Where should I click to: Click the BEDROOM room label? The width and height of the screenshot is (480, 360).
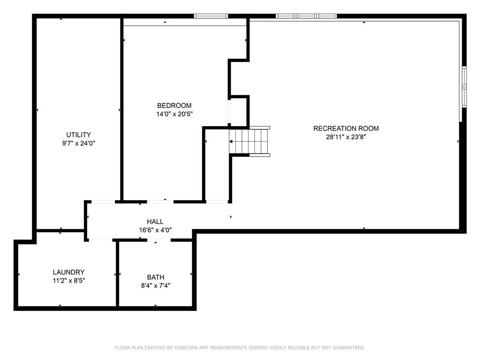(174, 105)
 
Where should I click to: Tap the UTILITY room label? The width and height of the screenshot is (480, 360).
(79, 135)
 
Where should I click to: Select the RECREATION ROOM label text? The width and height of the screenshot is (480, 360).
(346, 128)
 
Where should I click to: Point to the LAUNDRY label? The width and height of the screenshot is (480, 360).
(68, 272)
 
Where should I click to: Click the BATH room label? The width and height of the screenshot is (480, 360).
(156, 277)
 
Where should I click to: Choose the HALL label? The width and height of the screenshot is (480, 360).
(155, 222)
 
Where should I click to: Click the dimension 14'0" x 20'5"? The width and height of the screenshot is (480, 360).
(174, 114)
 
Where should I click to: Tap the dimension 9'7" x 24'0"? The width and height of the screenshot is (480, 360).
(79, 143)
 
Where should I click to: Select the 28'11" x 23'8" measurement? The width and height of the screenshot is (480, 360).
(346, 137)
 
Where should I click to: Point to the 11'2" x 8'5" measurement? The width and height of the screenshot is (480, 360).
(68, 280)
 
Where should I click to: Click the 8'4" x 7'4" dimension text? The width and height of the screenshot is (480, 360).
(156, 285)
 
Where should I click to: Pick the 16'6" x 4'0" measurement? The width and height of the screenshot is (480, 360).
(155, 230)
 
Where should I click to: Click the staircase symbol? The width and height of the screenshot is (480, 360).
(249, 142)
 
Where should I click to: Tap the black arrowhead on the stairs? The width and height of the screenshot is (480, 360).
(231, 142)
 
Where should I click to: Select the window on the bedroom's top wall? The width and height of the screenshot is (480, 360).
(211, 16)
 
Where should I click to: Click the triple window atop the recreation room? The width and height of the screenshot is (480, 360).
(306, 16)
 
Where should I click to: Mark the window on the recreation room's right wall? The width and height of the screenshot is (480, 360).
(464, 87)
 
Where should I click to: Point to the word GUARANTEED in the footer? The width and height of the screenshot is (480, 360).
(349, 348)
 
